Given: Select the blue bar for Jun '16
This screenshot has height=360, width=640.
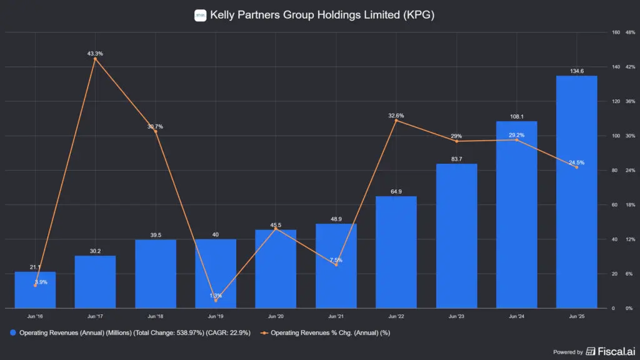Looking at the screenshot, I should [36, 290].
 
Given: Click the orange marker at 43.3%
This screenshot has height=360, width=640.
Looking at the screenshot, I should [95, 59].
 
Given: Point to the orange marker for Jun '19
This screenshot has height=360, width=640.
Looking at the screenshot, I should [215, 301].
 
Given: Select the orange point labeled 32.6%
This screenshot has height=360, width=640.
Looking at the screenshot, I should [396, 120].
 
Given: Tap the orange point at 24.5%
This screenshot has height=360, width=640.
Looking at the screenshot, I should [576, 167].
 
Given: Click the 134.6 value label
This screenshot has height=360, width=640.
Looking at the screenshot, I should [576, 71].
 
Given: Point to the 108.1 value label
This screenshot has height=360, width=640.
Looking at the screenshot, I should [516, 116].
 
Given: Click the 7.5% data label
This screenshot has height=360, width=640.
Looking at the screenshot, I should [336, 259].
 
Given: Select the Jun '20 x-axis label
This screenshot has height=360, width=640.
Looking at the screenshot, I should [276, 316].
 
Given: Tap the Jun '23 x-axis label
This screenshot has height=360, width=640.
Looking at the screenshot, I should [456, 316].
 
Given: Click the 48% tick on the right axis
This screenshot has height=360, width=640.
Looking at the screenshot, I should [630, 32].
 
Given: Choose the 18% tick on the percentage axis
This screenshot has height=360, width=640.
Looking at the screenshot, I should [630, 204].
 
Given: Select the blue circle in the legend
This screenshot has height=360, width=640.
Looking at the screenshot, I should [13, 332].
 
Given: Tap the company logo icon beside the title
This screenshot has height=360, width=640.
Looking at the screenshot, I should [200, 16].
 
